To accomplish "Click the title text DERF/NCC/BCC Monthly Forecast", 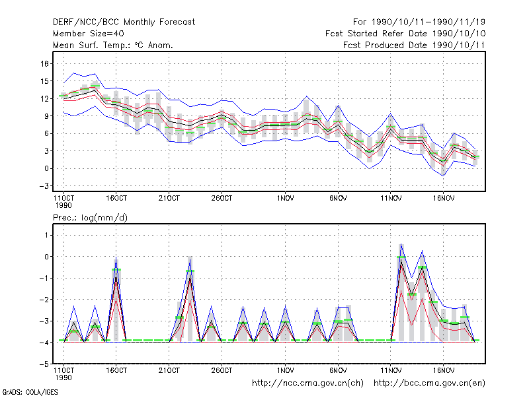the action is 124,22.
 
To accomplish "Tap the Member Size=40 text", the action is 89,34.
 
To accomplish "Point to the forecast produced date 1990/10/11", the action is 414,45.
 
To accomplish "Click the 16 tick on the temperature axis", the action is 45,63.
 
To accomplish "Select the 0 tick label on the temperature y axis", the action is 46,168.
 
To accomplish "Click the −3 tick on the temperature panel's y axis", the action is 44,186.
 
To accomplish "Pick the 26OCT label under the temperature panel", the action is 222,198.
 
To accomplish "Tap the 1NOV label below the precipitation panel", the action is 285,370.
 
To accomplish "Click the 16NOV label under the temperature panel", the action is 443,198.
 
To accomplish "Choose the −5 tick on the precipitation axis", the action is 44,364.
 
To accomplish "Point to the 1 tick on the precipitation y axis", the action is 46,235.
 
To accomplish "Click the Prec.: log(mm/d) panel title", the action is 90,218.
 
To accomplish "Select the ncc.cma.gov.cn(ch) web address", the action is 307,383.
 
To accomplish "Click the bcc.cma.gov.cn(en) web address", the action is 429,383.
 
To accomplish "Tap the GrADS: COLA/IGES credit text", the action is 30,392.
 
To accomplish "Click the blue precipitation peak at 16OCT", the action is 116,257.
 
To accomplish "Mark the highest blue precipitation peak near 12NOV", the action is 401,244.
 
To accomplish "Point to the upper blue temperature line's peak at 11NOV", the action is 390,114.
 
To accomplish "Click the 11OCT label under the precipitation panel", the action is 63,374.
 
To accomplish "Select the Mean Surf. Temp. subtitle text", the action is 113,45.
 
